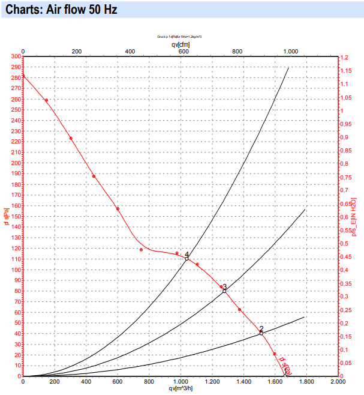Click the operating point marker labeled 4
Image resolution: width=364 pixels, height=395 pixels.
tap(187, 258)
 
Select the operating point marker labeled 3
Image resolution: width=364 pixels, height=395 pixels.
tap(224, 291)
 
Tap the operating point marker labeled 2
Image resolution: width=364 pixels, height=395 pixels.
tap(261, 333)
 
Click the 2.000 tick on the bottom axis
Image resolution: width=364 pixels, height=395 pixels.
tap(338, 381)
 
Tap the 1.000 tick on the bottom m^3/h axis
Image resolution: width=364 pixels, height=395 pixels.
tap(181, 381)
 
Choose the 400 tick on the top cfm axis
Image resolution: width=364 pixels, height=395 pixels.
tap(130, 52)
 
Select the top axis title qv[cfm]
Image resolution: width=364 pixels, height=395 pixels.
tap(181, 44)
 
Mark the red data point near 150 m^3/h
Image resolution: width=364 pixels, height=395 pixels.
tap(46, 100)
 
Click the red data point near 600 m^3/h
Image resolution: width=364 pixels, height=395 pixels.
tap(118, 209)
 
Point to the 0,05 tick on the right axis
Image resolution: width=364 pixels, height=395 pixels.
tap(346, 363)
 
